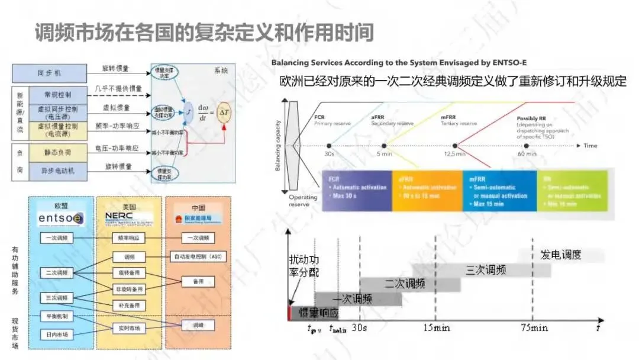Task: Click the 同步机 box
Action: (x=49, y=73)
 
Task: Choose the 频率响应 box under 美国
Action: (x=128, y=237)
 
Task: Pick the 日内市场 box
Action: (x=57, y=335)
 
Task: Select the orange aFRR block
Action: (x=427, y=191)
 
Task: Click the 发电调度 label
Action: (x=561, y=255)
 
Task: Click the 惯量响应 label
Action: (x=319, y=313)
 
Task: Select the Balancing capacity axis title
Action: (x=277, y=142)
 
